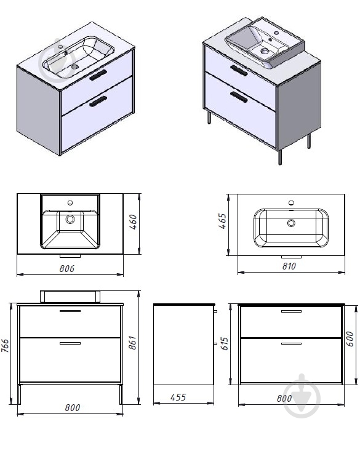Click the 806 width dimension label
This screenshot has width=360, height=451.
[66, 268]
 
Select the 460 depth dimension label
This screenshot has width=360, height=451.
[133, 222]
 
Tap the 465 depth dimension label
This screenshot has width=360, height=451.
[222, 221]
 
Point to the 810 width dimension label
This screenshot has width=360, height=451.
[289, 266]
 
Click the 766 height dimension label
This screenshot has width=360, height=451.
[5, 345]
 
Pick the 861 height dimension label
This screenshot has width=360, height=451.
[132, 342]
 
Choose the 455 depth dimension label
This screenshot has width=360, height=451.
[178, 397]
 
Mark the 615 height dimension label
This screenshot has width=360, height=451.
[224, 343]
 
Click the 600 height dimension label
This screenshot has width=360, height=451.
[350, 339]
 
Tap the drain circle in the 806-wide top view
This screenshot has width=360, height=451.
[70, 220]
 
